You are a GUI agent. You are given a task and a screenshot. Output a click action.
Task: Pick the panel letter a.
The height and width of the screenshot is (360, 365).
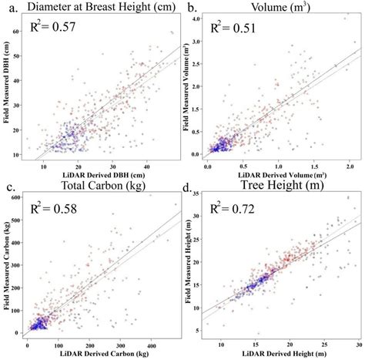tap(8, 7)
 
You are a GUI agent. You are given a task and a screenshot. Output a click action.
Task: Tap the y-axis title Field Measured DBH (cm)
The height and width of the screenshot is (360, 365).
tap(7, 89)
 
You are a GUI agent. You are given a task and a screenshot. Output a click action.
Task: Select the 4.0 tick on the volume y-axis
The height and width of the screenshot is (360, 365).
tap(196, 17)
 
